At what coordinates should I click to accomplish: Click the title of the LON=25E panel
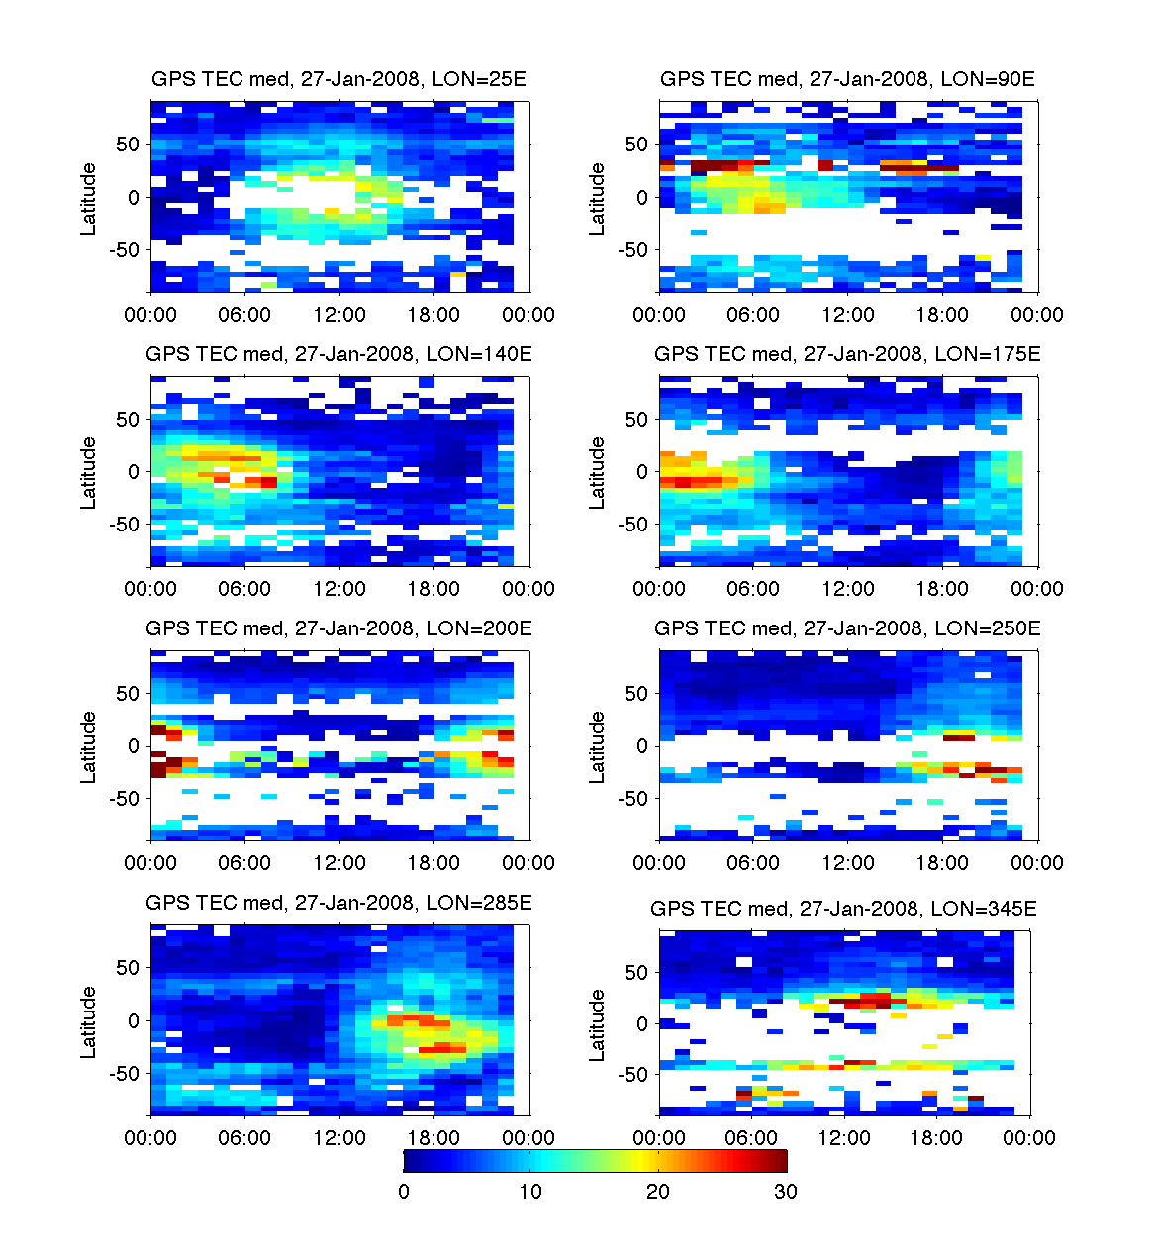[x=338, y=79]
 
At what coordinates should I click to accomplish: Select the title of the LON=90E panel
[x=847, y=79]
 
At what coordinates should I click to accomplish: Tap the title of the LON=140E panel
[x=338, y=353]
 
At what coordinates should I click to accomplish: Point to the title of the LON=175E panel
[x=847, y=353]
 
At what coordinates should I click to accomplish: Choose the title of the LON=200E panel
[x=338, y=627]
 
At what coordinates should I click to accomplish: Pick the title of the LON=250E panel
[x=847, y=627]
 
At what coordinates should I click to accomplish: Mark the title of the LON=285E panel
[x=338, y=902]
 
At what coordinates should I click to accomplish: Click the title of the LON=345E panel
[x=843, y=908]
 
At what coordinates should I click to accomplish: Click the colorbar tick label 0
[x=404, y=1191]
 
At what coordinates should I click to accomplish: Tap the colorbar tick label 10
[x=530, y=1191]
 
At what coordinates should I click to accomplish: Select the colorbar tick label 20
[x=658, y=1191]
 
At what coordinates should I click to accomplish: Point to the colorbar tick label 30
[x=785, y=1191]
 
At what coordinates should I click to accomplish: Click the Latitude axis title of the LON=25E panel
[x=89, y=198]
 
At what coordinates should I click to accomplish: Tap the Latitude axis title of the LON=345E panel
[x=597, y=1025]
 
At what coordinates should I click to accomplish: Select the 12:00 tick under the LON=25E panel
[x=339, y=315]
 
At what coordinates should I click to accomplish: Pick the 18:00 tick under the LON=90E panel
[x=942, y=315]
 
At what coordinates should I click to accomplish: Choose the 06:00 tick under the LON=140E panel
[x=244, y=589]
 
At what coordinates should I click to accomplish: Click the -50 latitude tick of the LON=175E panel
[x=635, y=525]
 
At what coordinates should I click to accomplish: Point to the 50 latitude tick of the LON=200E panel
[x=128, y=694]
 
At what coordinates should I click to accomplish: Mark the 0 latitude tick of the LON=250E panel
[x=641, y=746]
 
